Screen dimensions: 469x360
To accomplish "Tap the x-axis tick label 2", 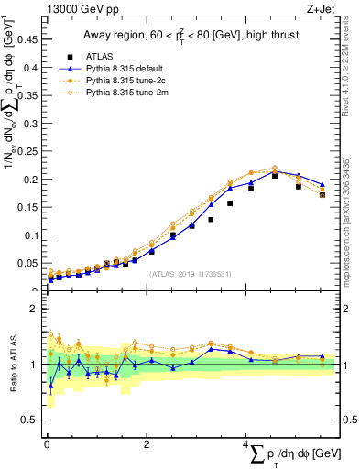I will coord(146,445).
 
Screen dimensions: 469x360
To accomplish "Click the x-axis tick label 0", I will coord(46,445).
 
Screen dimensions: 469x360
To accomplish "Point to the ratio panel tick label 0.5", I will coord(31,420).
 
